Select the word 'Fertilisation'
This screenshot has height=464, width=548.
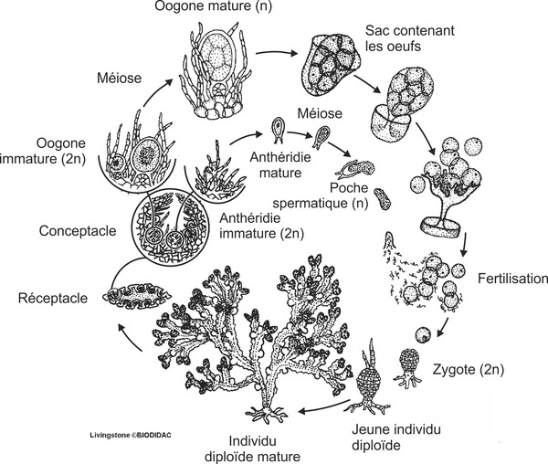pyautogui.click(x=511, y=278)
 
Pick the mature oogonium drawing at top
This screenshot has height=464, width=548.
pyautogui.click(x=223, y=72)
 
